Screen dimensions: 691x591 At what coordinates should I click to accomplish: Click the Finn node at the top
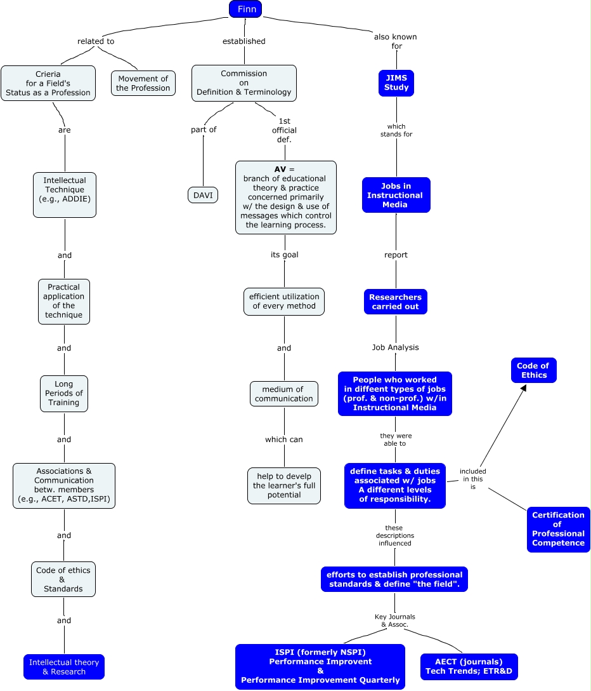245,9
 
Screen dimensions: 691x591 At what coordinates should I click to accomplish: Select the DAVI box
203,195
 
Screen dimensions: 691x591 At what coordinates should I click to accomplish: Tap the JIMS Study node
396,83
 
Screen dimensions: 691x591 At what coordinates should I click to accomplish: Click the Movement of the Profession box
143,83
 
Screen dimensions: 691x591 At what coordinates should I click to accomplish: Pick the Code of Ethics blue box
533,370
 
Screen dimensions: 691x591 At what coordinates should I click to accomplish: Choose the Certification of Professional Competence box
558,529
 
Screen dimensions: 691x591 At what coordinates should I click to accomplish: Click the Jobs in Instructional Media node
396,195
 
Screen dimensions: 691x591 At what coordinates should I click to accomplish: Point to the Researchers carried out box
396,302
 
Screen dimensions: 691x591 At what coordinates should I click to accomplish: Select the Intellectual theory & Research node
64,667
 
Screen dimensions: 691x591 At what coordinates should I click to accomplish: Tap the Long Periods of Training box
64,393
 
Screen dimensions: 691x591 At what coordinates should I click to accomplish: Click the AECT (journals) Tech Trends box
469,667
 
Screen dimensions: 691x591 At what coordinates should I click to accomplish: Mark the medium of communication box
284,394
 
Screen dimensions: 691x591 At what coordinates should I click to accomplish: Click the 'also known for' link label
395,41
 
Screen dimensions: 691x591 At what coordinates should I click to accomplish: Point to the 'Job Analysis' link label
395,347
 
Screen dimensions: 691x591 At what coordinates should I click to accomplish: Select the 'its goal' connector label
284,255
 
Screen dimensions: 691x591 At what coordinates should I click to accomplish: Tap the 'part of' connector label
204,130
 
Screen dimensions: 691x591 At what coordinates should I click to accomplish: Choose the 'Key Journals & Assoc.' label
394,621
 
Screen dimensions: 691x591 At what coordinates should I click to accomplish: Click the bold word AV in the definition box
280,170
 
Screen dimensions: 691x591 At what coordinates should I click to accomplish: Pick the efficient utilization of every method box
284,302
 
